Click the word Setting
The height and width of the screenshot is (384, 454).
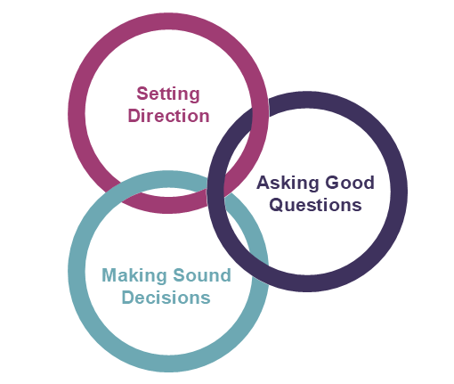click(x=168, y=94)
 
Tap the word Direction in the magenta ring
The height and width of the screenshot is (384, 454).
click(x=168, y=116)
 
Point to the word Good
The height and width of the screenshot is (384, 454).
click(x=350, y=183)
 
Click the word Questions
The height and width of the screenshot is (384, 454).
click(x=315, y=205)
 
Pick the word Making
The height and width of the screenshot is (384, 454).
click(x=134, y=276)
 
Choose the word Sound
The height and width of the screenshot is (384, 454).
click(x=202, y=275)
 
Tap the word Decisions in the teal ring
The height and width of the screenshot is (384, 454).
click(x=166, y=298)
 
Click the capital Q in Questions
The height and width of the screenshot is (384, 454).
click(x=276, y=205)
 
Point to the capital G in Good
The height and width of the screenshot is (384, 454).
click(x=332, y=183)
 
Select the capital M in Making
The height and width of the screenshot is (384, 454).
click(x=109, y=275)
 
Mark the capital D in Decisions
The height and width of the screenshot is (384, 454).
click(x=128, y=298)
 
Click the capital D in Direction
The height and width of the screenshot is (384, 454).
click(x=134, y=116)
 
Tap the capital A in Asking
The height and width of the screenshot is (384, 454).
click(x=263, y=183)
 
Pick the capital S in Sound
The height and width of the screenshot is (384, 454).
click(x=179, y=275)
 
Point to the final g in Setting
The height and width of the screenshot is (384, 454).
click(x=194, y=96)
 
